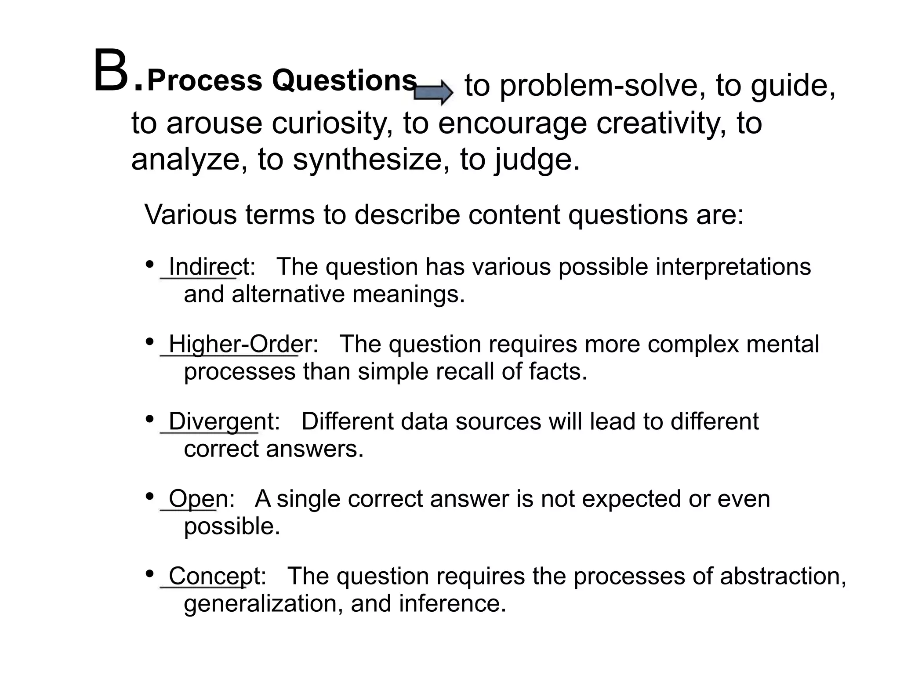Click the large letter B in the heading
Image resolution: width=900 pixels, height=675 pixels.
tap(110, 72)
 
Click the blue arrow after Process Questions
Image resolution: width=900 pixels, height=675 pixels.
tap(433, 92)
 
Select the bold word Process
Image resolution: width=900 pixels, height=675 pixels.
tap(205, 81)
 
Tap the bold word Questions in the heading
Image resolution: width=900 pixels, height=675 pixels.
tap(344, 81)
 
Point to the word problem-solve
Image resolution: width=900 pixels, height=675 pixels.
tap(599, 86)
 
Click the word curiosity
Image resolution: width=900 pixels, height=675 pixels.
tap(332, 123)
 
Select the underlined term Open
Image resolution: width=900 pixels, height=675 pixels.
tap(198, 499)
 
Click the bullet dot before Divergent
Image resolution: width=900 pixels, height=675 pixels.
tap(150, 419)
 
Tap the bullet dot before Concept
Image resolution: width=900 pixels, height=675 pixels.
tap(150, 573)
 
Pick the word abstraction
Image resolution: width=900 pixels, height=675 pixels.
tap(783, 576)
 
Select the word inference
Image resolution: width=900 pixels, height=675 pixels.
tap(452, 604)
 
